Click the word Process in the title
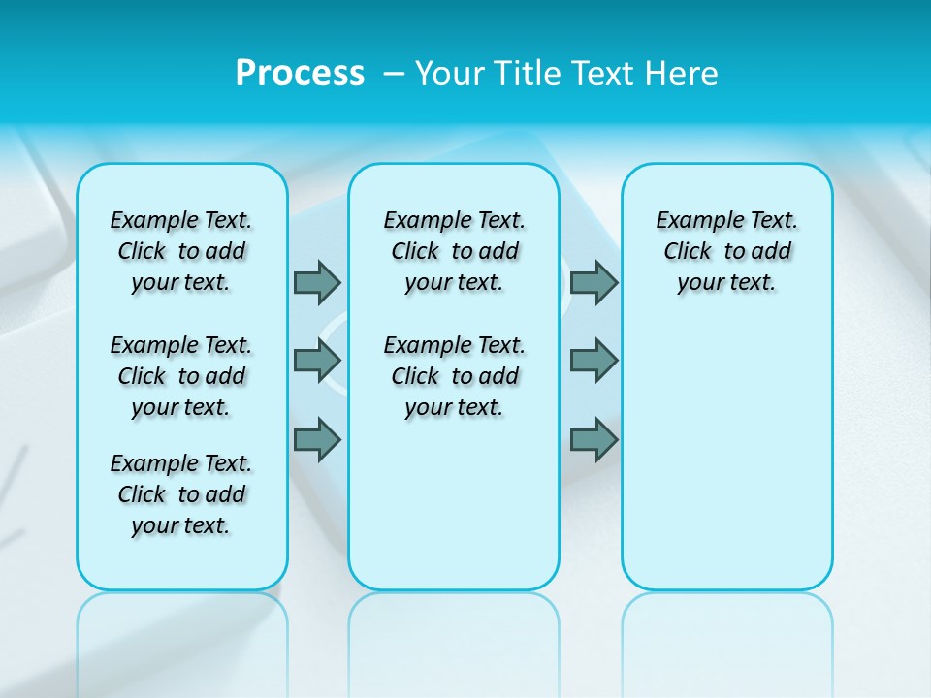(x=300, y=74)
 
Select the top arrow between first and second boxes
(x=317, y=282)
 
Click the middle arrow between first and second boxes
(x=317, y=361)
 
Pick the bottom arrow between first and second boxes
(x=317, y=439)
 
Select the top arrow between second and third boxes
(x=594, y=282)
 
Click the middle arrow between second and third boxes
(x=594, y=361)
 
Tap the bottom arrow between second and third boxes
(x=594, y=439)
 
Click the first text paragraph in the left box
(x=181, y=251)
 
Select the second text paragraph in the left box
(x=181, y=376)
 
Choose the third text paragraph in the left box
(x=181, y=494)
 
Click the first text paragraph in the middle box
(x=454, y=251)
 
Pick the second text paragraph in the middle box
(x=454, y=376)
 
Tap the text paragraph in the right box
(x=726, y=251)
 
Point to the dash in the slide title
(x=390, y=74)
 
